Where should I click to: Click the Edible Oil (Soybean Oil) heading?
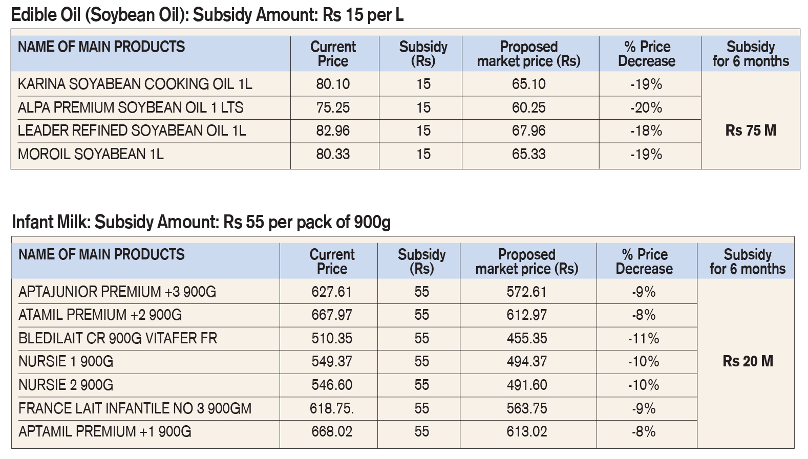(x=207, y=15)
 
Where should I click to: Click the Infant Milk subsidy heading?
(x=201, y=222)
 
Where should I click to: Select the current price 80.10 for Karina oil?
(x=333, y=84)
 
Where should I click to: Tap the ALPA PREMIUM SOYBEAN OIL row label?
(x=131, y=107)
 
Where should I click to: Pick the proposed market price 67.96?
(x=529, y=130)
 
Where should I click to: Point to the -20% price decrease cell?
(x=646, y=107)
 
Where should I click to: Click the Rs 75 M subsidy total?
(x=751, y=130)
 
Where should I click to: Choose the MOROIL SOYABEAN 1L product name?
(x=91, y=154)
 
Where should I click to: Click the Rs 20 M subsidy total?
(x=748, y=361)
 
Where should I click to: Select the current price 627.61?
(x=331, y=292)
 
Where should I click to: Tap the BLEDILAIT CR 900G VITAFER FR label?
(x=118, y=338)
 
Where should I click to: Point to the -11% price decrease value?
(x=644, y=338)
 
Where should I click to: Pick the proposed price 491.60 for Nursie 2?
(x=527, y=385)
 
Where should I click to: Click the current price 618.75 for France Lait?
(x=332, y=408)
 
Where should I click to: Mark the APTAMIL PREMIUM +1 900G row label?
(x=104, y=431)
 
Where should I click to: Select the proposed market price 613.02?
(x=527, y=431)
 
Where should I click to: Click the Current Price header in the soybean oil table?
(x=333, y=54)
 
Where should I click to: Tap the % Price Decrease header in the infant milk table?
(x=644, y=261)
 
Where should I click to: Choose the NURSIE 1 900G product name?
(x=66, y=361)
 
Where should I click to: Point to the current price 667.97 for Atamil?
(x=332, y=315)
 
